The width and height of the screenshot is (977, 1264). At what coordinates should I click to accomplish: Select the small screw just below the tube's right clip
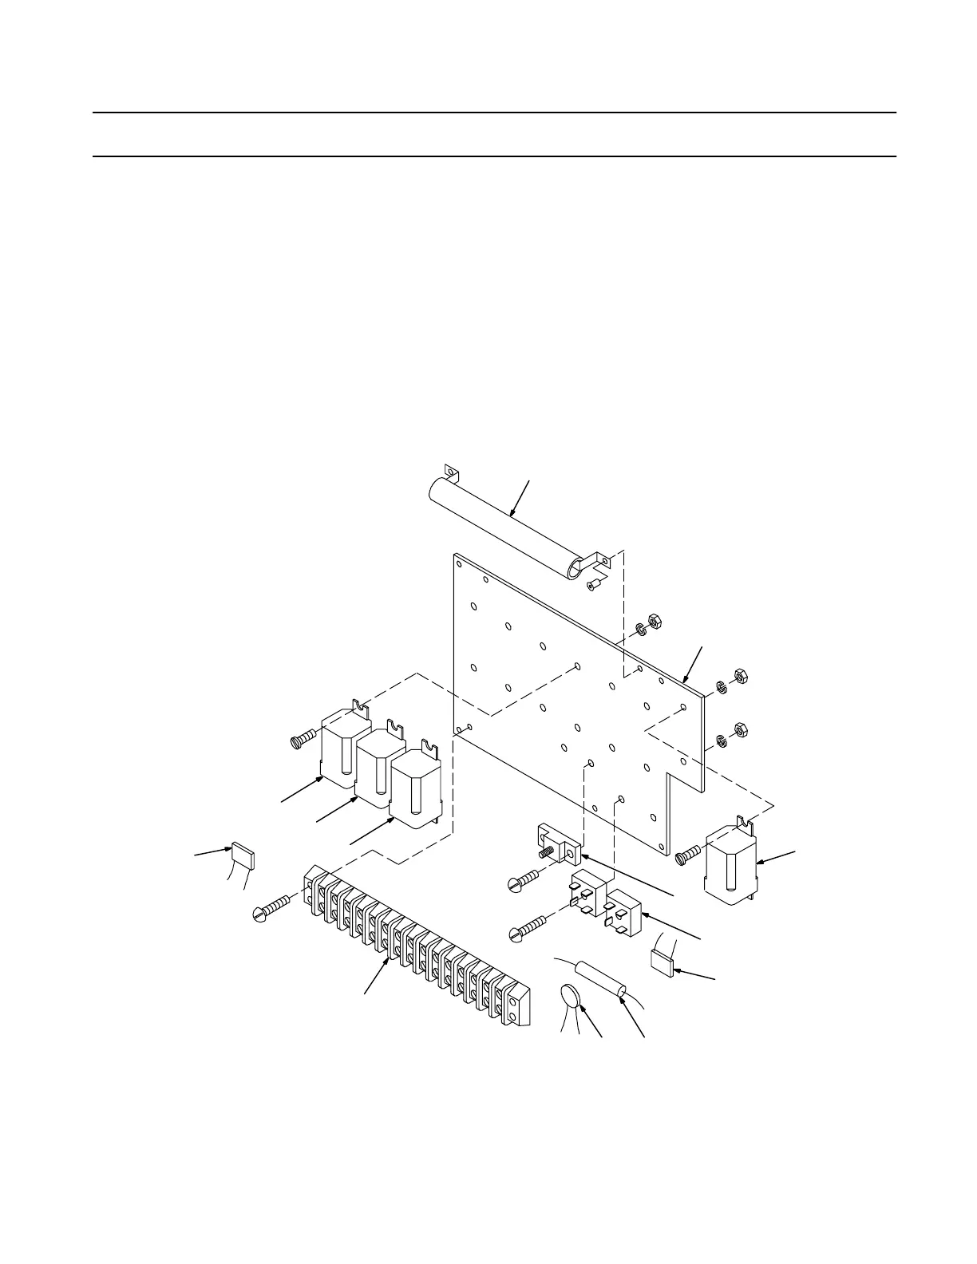click(x=592, y=587)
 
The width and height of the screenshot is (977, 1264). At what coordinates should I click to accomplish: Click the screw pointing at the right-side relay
click(x=688, y=855)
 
